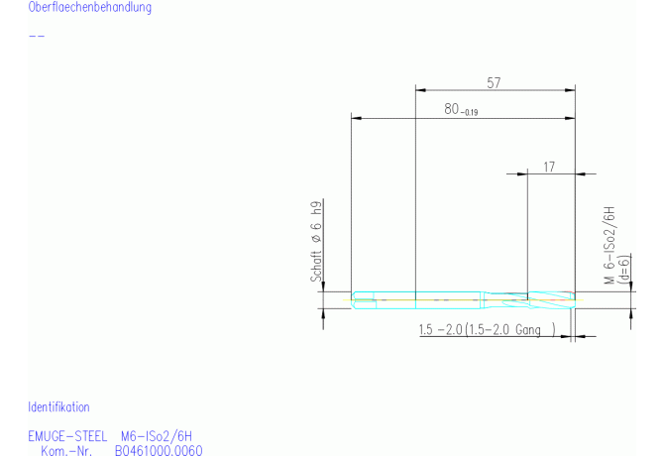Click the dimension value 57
[494, 83]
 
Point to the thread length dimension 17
[549, 166]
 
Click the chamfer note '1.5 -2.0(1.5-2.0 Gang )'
[485, 329]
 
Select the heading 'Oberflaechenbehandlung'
[90, 8]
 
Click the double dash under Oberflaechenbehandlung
[37, 36]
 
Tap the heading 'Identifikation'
[58, 406]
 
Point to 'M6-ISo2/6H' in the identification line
[157, 435]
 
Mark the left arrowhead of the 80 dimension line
[356, 119]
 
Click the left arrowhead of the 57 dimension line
[418, 92]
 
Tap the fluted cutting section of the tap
[549, 297]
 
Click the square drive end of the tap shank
[364, 297]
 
